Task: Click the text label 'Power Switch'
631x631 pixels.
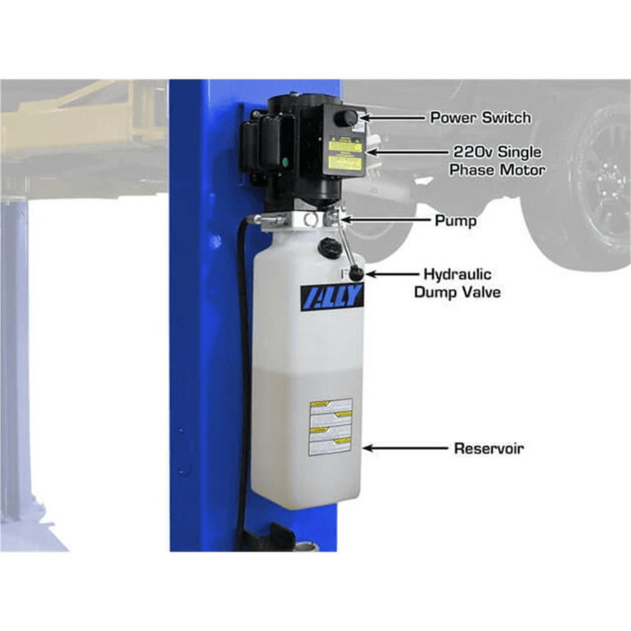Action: (x=480, y=117)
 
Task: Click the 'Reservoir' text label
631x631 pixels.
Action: (x=489, y=448)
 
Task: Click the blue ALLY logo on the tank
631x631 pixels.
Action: (x=332, y=297)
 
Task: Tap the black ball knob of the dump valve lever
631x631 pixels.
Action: (x=357, y=273)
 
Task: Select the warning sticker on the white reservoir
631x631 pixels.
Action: (x=330, y=426)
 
